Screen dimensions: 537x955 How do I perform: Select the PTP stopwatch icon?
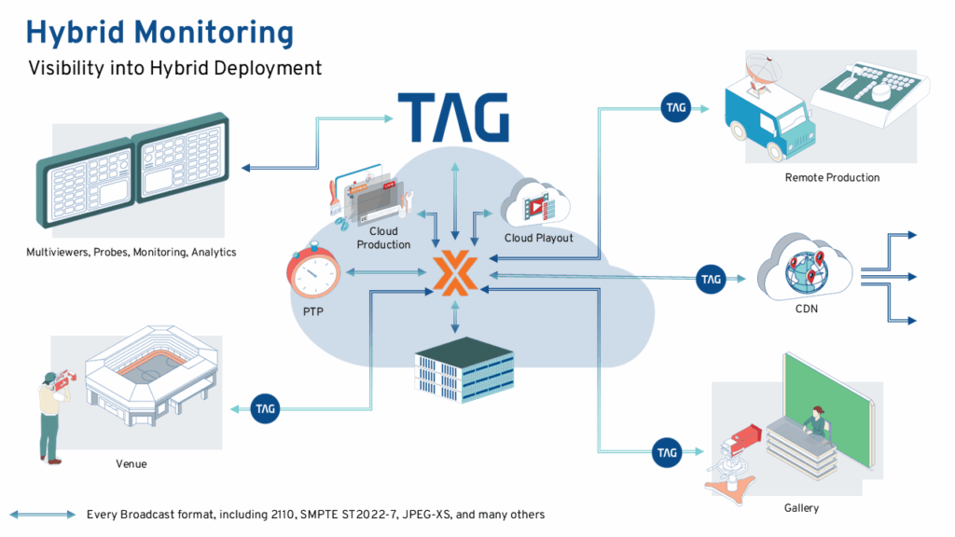click(x=312, y=271)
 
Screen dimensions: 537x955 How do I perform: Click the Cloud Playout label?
click(x=538, y=238)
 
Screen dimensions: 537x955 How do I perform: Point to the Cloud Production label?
click(x=383, y=238)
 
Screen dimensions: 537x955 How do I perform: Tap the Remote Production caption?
click(x=832, y=177)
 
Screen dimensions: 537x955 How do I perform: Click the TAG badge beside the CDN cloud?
click(x=711, y=278)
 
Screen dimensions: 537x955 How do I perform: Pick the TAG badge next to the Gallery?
click(x=665, y=452)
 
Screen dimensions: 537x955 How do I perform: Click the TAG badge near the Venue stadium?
click(x=266, y=407)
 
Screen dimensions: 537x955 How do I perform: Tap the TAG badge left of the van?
click(x=675, y=107)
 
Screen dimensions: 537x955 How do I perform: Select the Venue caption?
click(x=131, y=463)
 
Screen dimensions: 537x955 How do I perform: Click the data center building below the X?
click(x=464, y=370)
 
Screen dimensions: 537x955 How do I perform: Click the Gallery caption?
click(x=801, y=508)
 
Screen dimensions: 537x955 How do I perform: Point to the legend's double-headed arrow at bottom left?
click(x=43, y=515)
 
